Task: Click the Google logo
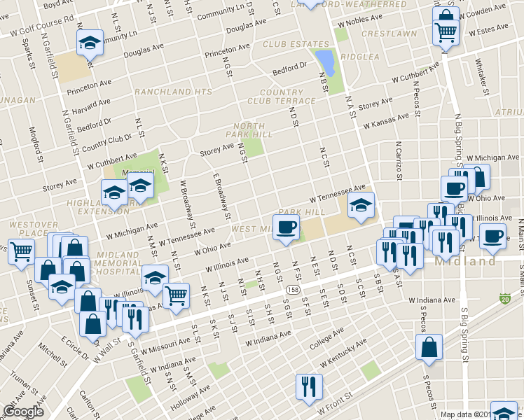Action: [x=23, y=412]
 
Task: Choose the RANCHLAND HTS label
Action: [x=173, y=92]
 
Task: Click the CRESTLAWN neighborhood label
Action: [x=381, y=34]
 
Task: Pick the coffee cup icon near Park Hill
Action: [x=286, y=227]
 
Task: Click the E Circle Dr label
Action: [x=76, y=347]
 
